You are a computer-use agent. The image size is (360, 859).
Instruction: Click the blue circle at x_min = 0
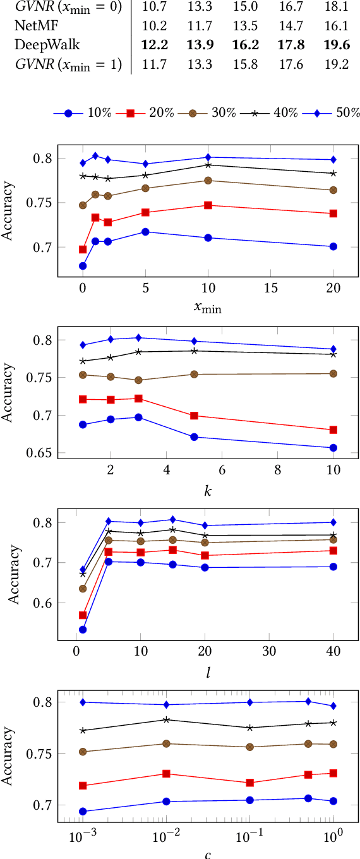click(x=83, y=266)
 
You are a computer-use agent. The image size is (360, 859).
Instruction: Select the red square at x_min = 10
click(x=208, y=205)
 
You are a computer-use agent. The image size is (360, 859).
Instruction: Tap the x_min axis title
click(x=208, y=308)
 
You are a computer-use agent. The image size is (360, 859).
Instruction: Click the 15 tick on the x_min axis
click(x=270, y=287)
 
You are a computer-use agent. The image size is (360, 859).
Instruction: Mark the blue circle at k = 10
click(x=333, y=448)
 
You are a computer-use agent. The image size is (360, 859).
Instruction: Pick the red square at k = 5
click(x=194, y=416)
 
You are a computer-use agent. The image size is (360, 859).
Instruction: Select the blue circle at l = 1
click(x=83, y=630)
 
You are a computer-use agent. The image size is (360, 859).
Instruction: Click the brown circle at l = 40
click(x=333, y=539)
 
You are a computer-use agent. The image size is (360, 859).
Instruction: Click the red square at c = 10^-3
click(x=83, y=786)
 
